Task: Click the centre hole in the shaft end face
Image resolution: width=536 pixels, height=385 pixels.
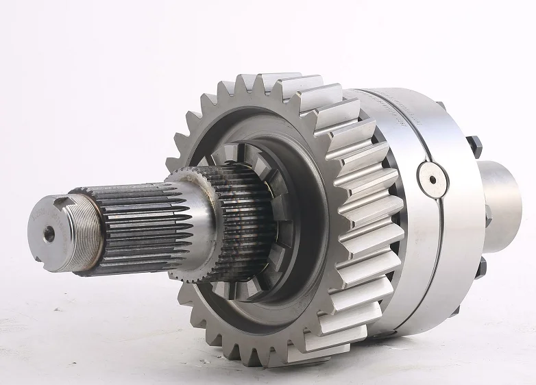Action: [49, 234]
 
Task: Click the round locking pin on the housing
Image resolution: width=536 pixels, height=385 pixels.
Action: [433, 180]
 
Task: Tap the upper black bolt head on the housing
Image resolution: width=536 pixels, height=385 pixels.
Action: [474, 146]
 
